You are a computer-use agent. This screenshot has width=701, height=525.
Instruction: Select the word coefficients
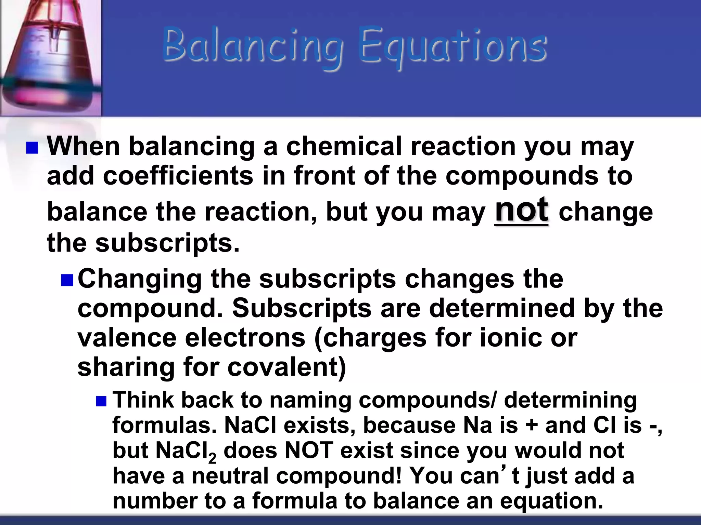click(178, 176)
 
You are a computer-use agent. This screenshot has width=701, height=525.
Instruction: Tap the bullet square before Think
click(101, 401)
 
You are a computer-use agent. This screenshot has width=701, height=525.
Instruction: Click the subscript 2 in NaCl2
click(212, 458)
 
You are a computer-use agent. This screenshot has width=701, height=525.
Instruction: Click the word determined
click(501, 308)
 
